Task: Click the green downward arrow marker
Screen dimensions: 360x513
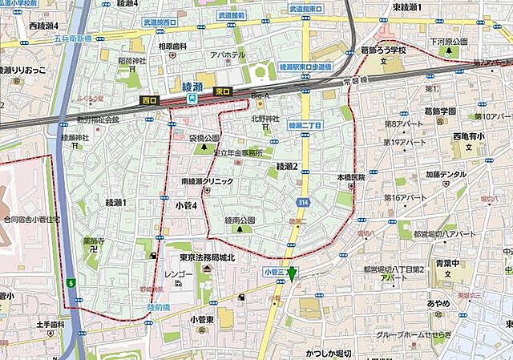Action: pos(292,273)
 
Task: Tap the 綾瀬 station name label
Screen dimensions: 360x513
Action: pos(193,85)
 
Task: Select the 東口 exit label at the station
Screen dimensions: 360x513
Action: pos(223,93)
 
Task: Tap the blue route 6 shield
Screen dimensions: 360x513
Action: pos(71,282)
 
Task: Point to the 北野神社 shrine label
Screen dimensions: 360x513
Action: pos(265,119)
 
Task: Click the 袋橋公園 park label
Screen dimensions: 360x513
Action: pos(205,138)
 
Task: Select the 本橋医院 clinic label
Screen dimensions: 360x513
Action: pos(350,177)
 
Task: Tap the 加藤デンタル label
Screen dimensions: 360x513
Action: pos(446,174)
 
